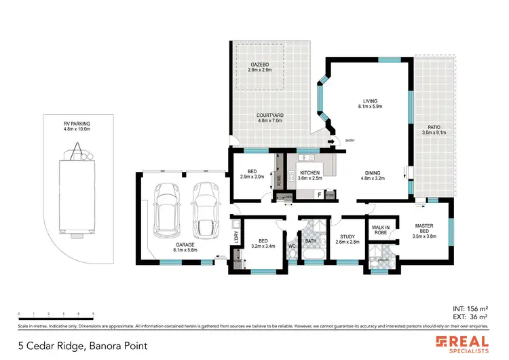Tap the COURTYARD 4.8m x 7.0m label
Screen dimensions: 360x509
[x=269, y=119]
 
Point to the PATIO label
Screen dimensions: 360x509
[x=435, y=130]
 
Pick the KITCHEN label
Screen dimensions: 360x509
[x=309, y=175]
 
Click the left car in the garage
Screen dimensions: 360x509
[x=166, y=208]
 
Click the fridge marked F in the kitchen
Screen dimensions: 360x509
[x=319, y=195]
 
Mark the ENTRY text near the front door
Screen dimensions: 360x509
[x=350, y=141]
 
